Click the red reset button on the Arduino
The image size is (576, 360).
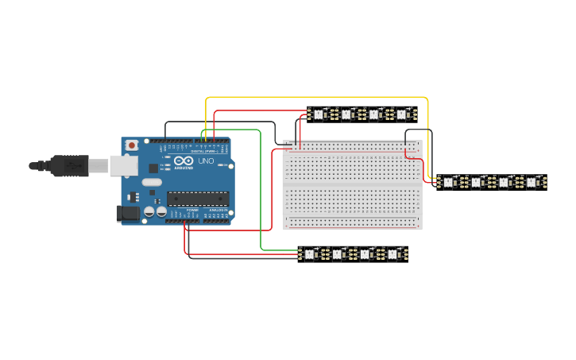(131, 145)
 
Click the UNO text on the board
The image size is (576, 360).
(205, 161)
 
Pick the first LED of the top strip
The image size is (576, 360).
(319, 115)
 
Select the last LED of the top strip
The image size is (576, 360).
(402, 115)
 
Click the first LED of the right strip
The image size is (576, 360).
(448, 183)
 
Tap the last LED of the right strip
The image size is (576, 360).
(532, 183)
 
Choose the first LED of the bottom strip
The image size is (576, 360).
(309, 255)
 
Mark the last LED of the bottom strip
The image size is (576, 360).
(392, 255)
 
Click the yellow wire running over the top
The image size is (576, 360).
(318, 98)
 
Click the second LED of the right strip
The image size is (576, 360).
(476, 183)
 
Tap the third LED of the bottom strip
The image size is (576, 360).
(365, 255)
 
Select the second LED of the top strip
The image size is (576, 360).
(346, 115)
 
